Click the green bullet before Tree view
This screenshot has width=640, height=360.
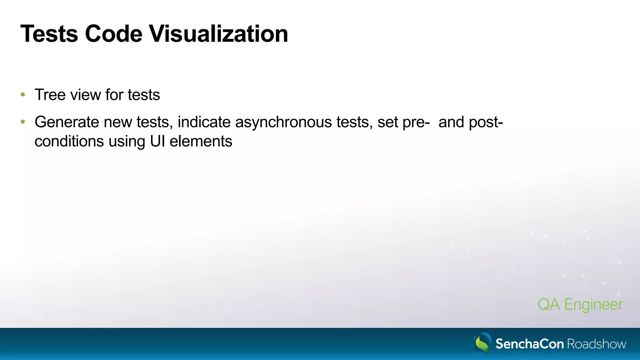tap(23, 95)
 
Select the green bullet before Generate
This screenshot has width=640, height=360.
tap(23, 122)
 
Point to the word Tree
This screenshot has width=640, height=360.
tap(50, 95)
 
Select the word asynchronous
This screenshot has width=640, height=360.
tap(283, 122)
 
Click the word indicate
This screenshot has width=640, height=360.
tap(204, 122)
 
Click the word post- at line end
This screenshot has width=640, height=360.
tap(486, 122)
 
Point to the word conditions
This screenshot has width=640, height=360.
tap(69, 141)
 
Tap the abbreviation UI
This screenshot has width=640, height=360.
tap(157, 141)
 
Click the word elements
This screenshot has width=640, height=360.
tap(201, 141)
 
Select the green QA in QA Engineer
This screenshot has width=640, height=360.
tap(548, 304)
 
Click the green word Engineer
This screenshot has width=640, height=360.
tap(594, 304)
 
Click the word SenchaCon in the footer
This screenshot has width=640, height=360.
tap(530, 344)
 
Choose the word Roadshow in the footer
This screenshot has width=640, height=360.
tap(597, 344)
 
